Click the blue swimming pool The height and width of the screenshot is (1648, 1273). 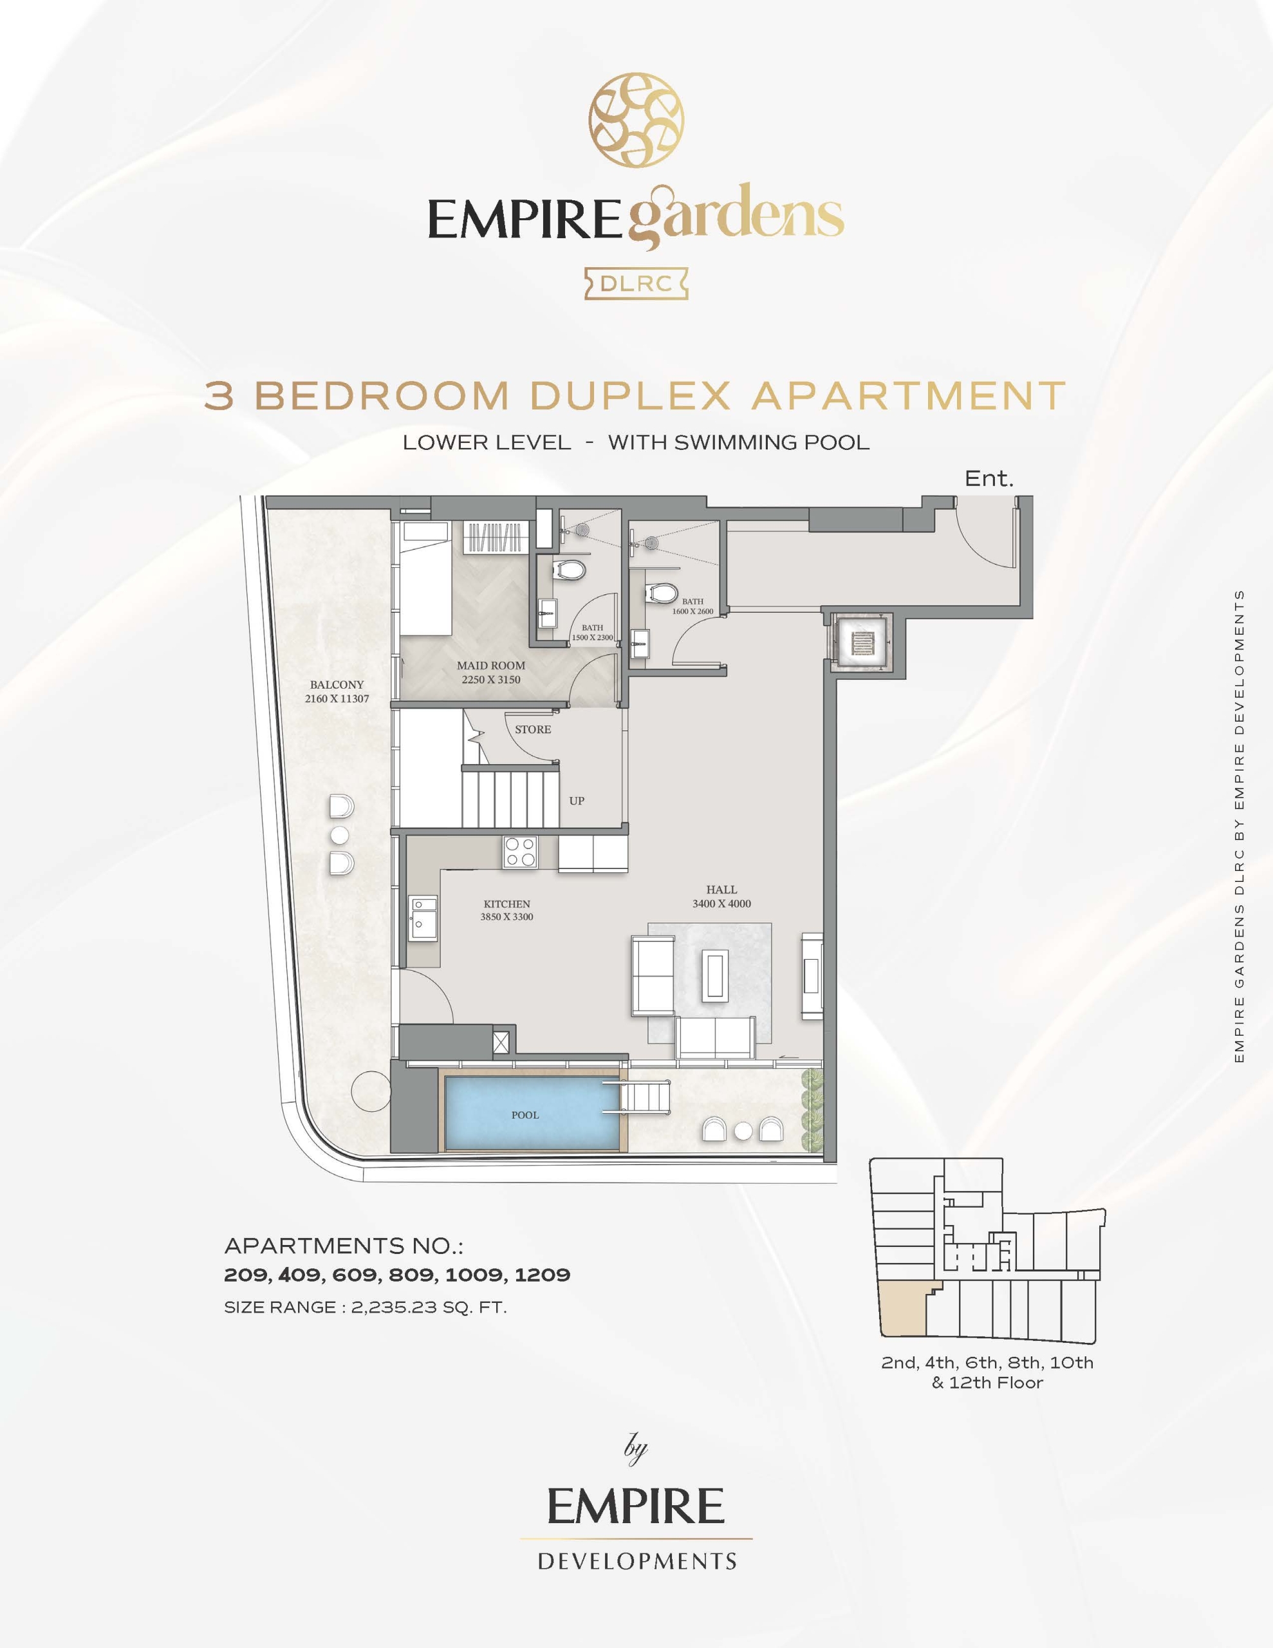point(532,1113)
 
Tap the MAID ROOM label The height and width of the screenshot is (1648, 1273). point(490,666)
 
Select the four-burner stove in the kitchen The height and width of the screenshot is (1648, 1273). point(521,853)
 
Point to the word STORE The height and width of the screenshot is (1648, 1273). point(533,729)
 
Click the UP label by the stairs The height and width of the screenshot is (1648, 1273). point(577,801)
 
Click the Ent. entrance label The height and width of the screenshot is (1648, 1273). point(989,478)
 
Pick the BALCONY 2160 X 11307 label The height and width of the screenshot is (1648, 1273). point(337,691)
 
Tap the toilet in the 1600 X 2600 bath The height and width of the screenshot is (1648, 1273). point(661,593)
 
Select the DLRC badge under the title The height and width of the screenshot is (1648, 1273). point(636,284)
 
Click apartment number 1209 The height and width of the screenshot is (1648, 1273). point(542,1275)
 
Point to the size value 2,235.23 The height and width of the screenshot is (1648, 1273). point(394,1307)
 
